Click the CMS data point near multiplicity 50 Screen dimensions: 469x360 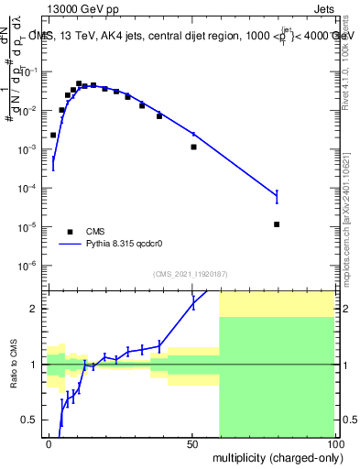pos(193,147)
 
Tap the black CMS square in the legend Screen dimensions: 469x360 pos(70,232)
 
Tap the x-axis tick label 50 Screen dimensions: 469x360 pos(191,442)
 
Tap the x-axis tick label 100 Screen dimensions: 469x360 pos(333,442)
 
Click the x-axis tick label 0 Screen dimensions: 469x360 pos(49,442)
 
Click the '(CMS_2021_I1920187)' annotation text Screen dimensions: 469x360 pos(189,274)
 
